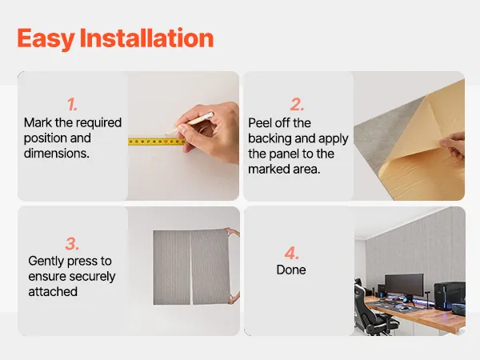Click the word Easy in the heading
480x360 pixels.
click(46, 38)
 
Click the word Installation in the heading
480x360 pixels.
click(146, 38)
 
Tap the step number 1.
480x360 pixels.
click(72, 105)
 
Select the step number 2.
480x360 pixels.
click(297, 105)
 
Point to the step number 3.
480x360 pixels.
click(72, 244)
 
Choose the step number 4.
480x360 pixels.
click(291, 253)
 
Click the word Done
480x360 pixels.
click(291, 270)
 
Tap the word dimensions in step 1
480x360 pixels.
click(57, 154)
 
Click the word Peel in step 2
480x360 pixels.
click(259, 123)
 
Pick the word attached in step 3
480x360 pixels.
click(53, 292)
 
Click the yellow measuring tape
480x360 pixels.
click(157, 142)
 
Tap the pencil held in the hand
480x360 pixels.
click(189, 123)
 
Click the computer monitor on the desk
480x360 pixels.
click(404, 286)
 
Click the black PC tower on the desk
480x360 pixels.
click(450, 296)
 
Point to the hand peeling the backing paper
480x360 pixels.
click(453, 145)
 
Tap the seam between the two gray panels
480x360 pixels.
click(191, 267)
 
